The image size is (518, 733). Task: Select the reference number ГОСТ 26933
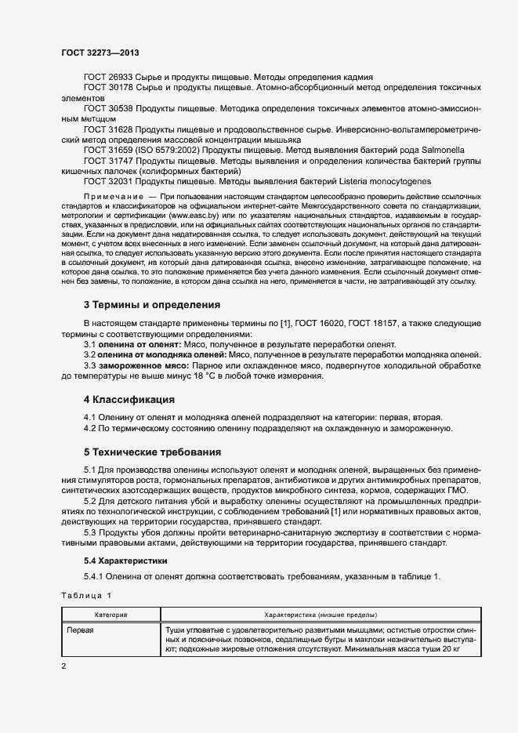(110, 78)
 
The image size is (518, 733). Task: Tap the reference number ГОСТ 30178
(110, 89)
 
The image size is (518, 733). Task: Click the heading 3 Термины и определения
(152, 304)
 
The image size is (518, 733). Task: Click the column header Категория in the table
(111, 615)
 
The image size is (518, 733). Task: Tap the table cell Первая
(80, 630)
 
